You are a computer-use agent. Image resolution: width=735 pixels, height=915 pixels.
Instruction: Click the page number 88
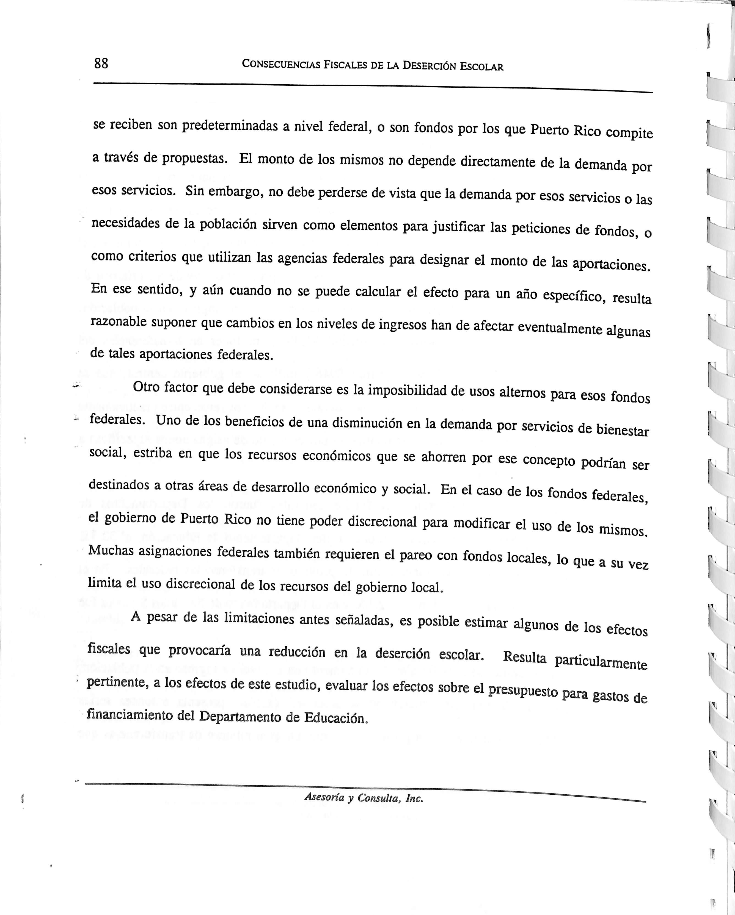tap(101, 64)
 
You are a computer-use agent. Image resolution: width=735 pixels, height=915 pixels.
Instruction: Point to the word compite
tap(629, 133)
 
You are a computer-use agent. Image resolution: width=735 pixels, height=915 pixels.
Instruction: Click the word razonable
tap(119, 322)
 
